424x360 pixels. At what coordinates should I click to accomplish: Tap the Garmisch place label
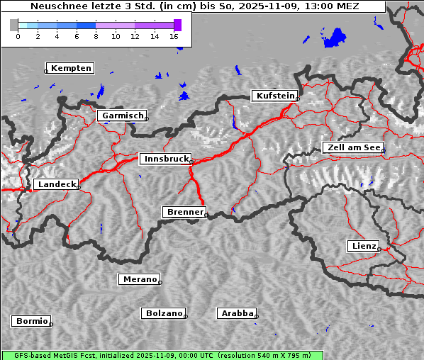coord(123,116)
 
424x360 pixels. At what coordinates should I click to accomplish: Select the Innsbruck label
coord(166,159)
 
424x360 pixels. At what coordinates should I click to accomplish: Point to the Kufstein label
coord(275,96)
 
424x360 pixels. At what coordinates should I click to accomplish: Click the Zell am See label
coord(353,147)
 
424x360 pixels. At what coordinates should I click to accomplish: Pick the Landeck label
coord(56,184)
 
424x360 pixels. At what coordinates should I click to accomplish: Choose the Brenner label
coord(185,212)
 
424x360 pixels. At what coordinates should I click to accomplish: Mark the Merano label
coord(140,279)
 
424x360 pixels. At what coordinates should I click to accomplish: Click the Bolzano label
coord(164,313)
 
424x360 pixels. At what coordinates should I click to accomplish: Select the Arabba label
coord(237,313)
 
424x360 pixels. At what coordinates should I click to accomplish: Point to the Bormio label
coord(32,321)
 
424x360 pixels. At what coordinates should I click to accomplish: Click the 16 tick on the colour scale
coord(174,35)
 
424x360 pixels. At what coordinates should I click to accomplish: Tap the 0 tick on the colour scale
coord(18,35)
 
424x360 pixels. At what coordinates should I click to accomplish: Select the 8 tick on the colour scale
coord(96,35)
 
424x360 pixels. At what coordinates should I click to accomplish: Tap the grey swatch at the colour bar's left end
coord(13,25)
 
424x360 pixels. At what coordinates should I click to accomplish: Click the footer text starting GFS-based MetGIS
coord(162,355)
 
